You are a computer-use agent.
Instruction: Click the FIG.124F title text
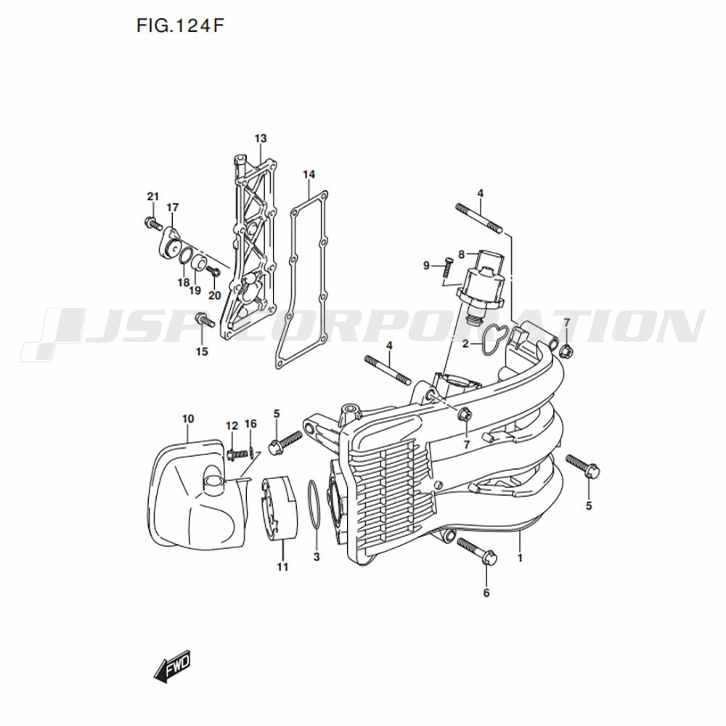tap(179, 26)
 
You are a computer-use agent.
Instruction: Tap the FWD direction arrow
tap(172, 666)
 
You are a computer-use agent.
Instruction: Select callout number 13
tap(261, 138)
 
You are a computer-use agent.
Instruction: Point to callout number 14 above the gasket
tap(309, 174)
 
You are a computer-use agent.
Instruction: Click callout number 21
tap(152, 196)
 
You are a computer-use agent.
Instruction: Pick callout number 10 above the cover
tap(188, 419)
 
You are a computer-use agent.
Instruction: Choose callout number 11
tap(282, 566)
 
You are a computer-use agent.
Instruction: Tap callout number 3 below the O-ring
tap(317, 557)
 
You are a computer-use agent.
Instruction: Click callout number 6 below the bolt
tap(486, 592)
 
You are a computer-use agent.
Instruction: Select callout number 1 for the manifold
tap(520, 558)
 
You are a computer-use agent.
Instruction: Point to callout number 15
tap(202, 351)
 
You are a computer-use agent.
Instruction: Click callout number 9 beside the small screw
tap(426, 265)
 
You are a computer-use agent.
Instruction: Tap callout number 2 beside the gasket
tap(466, 343)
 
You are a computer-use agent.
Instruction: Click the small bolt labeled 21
tap(152, 224)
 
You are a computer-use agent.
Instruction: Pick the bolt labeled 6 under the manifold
tap(477, 551)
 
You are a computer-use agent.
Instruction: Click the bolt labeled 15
tap(205, 320)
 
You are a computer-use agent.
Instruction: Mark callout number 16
tap(250, 424)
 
